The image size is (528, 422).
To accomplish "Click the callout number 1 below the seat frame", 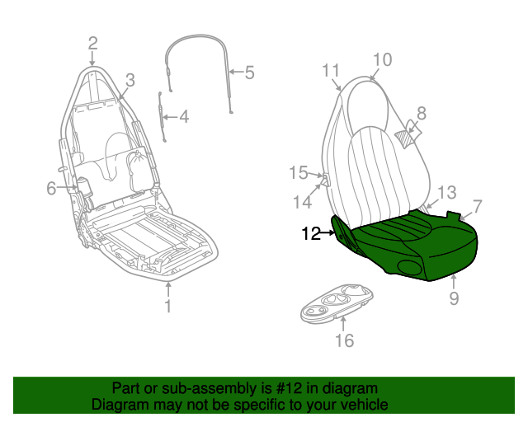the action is [x=168, y=306].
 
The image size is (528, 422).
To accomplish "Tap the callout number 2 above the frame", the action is [x=93, y=44].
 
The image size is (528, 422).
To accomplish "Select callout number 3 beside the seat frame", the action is [x=130, y=81].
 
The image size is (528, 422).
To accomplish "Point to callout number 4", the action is [x=184, y=117].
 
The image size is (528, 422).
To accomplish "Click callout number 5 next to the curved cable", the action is [x=249, y=73].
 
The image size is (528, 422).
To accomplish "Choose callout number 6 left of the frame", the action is [x=51, y=188].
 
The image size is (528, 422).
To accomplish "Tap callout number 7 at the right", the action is [x=478, y=207].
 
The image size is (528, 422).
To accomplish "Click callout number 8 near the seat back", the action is [x=422, y=114].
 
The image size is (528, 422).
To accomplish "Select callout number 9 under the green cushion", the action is [x=454, y=298].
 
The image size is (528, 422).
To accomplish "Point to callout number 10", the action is [x=383, y=60].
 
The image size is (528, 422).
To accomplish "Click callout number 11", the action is [x=331, y=71].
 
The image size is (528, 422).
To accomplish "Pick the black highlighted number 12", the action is [x=312, y=233].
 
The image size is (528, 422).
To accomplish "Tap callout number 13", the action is [x=447, y=193].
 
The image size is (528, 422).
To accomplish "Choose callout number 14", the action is [x=303, y=202].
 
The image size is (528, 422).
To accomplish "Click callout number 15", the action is [x=299, y=173].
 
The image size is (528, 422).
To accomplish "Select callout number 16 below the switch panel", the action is [x=345, y=340].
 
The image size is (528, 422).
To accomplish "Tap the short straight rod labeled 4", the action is [x=163, y=116].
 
